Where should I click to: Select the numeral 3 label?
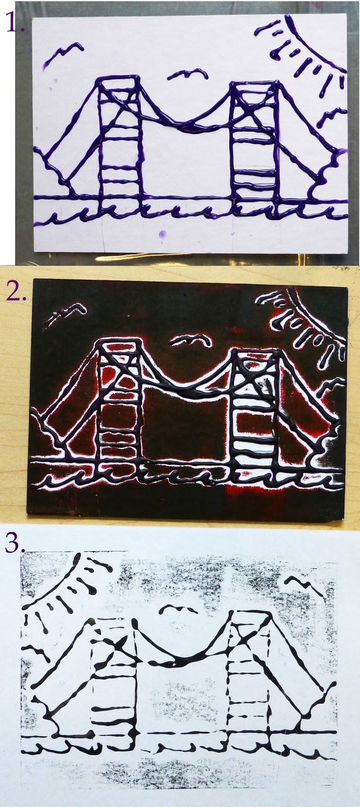(15, 542)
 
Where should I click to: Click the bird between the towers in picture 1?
(187, 74)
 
